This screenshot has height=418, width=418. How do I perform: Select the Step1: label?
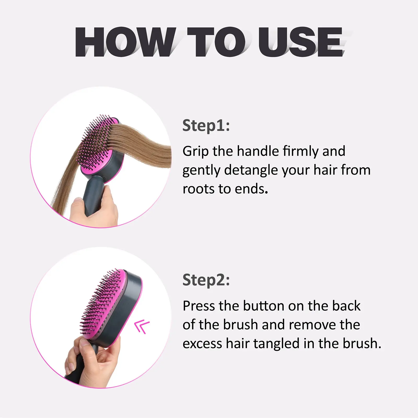click(x=206, y=126)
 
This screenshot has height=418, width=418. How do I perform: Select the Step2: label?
click(x=206, y=280)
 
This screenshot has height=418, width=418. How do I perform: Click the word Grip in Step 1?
click(x=195, y=152)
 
